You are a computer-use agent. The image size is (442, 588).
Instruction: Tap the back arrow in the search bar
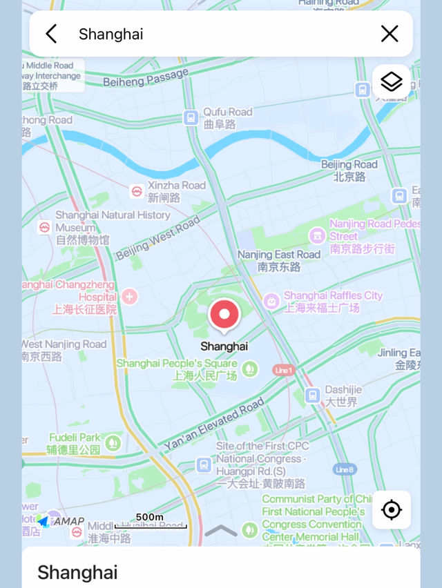click(50, 34)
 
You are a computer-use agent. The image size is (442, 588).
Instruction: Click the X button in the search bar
click(390, 34)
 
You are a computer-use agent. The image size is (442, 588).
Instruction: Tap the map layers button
click(392, 82)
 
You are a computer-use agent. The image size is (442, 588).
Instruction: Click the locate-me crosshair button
click(392, 510)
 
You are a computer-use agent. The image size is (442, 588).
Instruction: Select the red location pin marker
click(224, 315)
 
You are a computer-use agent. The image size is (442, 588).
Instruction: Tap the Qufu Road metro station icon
click(191, 118)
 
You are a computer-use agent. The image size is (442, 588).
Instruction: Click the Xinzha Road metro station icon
click(137, 191)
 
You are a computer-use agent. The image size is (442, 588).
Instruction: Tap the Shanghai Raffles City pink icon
click(271, 301)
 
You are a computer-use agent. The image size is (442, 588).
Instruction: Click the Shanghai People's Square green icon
click(249, 369)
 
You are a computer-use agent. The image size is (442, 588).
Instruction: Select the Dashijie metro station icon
click(312, 395)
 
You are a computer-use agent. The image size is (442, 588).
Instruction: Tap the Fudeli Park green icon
click(112, 442)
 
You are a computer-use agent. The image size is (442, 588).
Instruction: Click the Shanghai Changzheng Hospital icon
click(129, 297)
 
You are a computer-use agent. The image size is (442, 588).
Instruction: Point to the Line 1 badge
click(283, 370)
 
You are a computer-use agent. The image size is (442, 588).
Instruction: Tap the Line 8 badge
click(345, 469)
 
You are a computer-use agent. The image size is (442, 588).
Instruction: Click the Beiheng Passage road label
click(146, 77)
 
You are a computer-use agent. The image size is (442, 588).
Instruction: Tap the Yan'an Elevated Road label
click(214, 424)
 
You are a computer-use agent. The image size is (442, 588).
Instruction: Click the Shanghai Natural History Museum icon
click(45, 227)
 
